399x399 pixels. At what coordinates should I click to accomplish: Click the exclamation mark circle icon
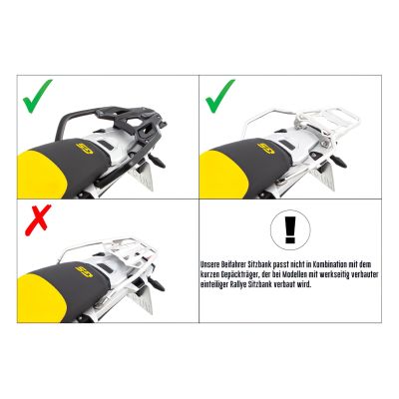pos(290,227)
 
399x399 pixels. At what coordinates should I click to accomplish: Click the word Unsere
pos(210,261)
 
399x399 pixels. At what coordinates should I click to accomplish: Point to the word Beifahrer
pos(240,261)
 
